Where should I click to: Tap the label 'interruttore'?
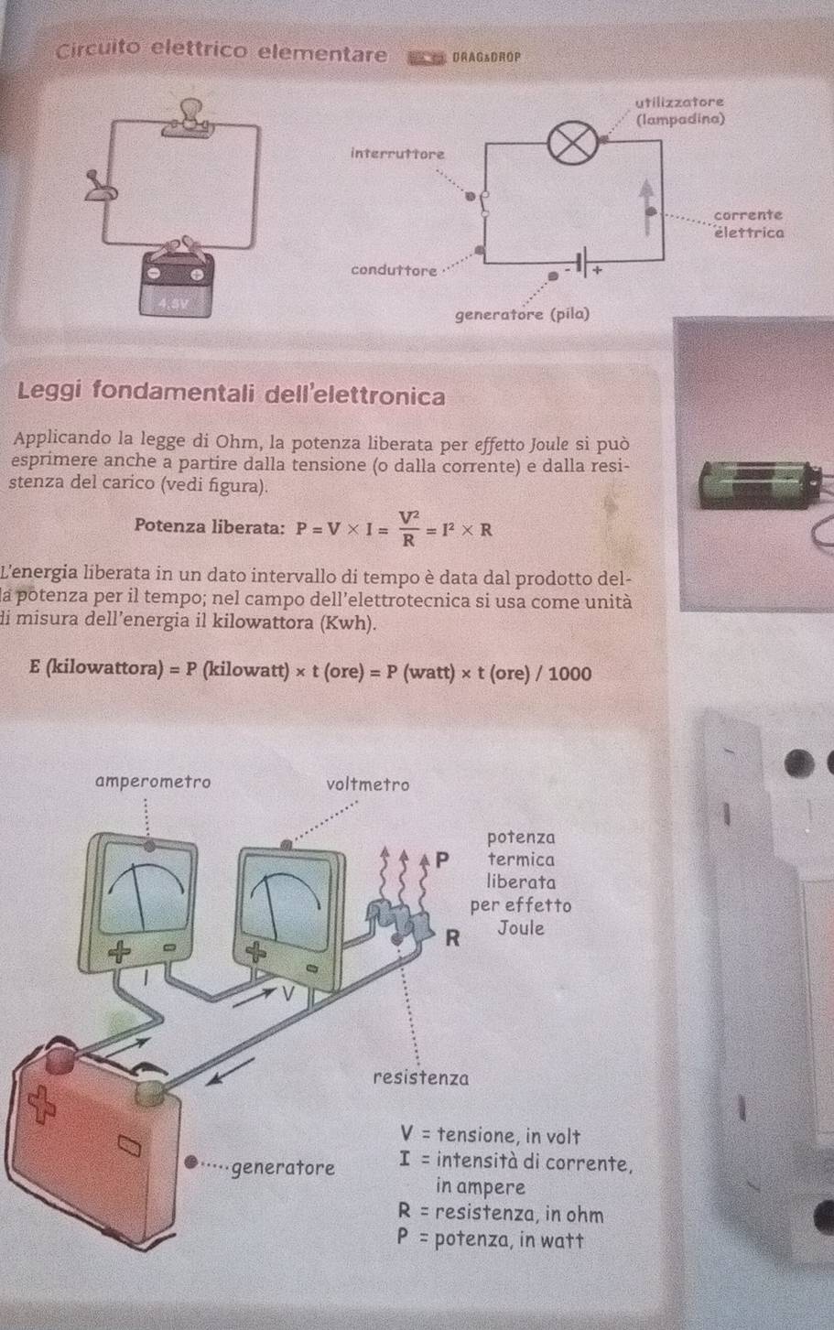point(397,154)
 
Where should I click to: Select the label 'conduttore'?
point(394,270)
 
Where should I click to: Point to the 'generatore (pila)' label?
point(522,314)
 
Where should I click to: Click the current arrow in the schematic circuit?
point(647,208)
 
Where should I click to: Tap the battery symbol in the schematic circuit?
point(583,261)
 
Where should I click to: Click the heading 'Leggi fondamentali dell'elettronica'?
point(231,394)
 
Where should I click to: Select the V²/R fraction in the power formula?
point(408,528)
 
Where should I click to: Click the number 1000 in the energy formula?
point(569,674)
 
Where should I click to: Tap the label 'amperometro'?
point(153,782)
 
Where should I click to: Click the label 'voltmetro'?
point(368,784)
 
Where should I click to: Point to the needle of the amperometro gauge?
point(140,896)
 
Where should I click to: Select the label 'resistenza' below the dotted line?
point(420,1077)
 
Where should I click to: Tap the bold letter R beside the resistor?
point(452,938)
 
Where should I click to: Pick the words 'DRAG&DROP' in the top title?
point(486,58)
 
